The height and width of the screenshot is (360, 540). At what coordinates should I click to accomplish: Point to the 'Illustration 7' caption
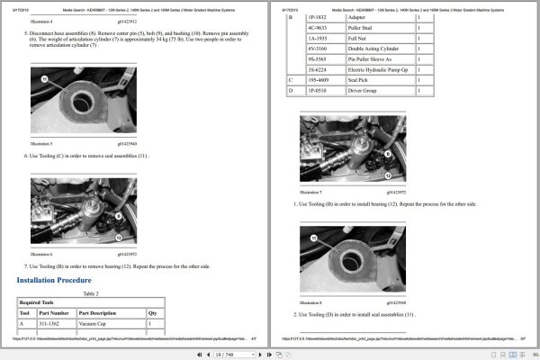coord(310,192)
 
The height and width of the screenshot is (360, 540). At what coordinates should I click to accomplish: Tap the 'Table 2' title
coord(90,293)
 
